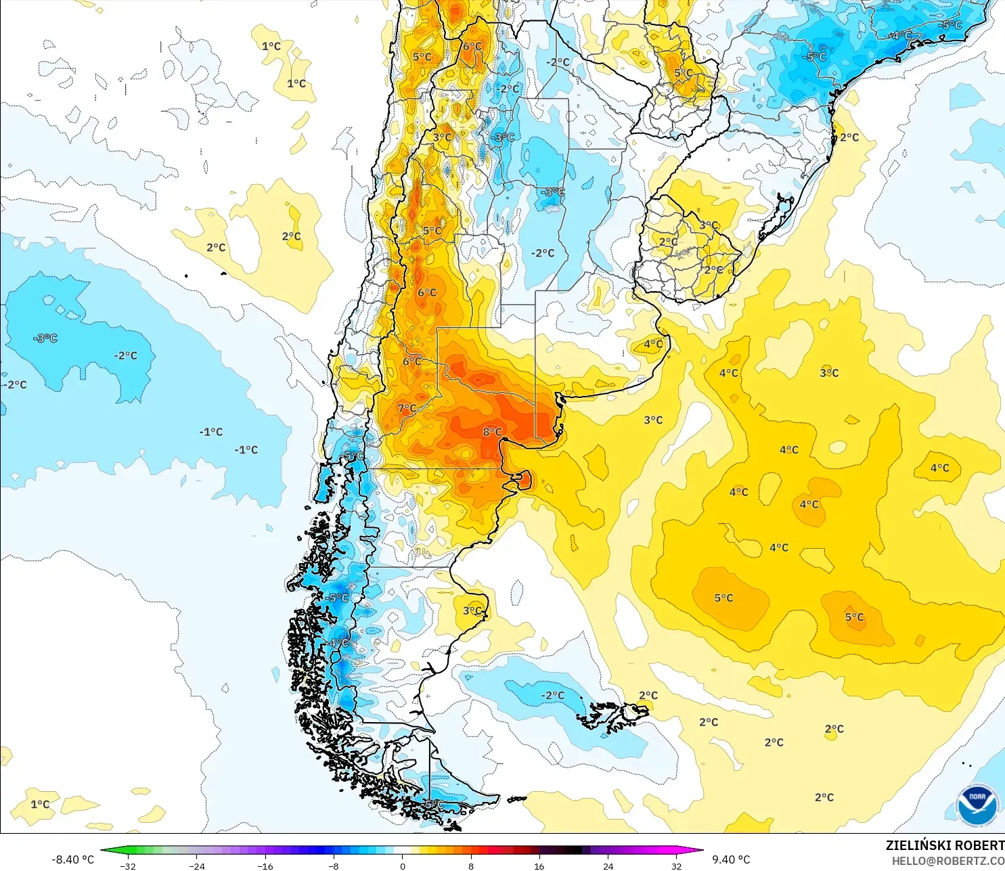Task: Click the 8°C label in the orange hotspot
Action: (492, 432)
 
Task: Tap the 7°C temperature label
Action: (407, 408)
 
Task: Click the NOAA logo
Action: (977, 805)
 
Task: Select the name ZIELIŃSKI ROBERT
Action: (945, 845)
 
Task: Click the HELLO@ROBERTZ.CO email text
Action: (947, 861)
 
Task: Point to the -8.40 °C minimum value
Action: (72, 859)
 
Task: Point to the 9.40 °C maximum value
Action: (731, 859)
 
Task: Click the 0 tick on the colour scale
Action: (403, 866)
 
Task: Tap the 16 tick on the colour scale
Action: (539, 866)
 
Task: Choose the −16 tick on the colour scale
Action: (265, 866)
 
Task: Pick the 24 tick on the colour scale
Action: (608, 866)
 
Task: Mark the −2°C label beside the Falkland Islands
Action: (552, 695)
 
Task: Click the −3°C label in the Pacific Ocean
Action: (45, 338)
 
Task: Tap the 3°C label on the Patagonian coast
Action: (472, 610)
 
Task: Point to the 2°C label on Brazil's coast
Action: (849, 137)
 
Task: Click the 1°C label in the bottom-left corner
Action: (40, 804)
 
